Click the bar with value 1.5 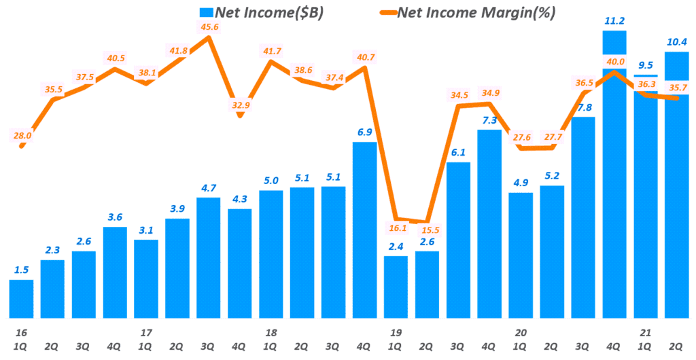tap(21, 299)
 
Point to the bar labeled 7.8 tap(582, 217)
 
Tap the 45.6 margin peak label tap(209, 26)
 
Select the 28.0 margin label tap(22, 135)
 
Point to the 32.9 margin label tap(240, 105)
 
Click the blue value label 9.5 tap(646, 66)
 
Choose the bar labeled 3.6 tap(115, 272)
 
